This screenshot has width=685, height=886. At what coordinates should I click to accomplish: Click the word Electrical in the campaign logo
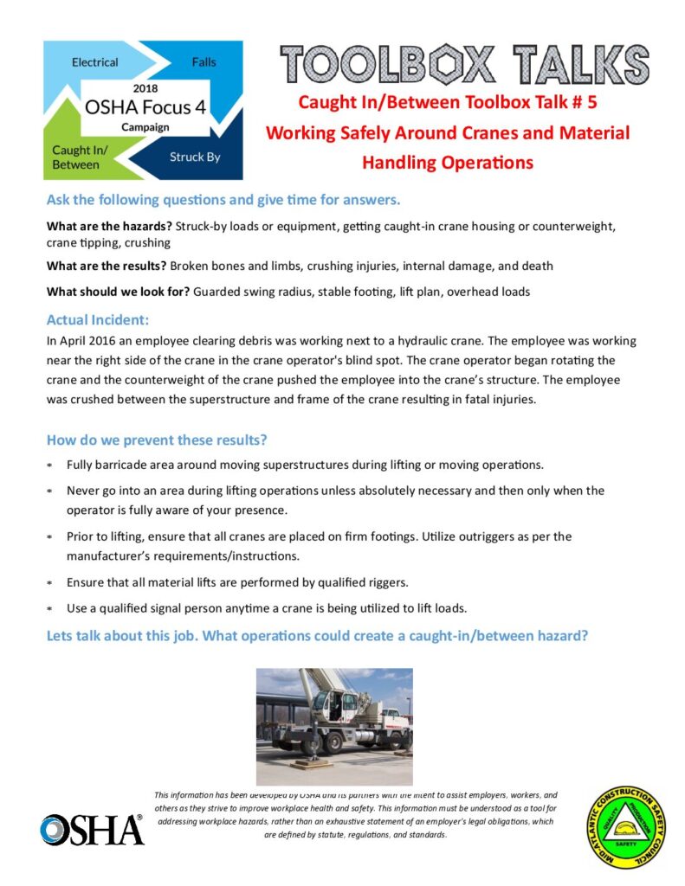pos(94,62)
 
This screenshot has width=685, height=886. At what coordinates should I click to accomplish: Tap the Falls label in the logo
pos(204,62)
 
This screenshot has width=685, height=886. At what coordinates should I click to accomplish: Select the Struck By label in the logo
pos(196,157)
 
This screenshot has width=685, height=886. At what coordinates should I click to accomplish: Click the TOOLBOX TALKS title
pos(464,63)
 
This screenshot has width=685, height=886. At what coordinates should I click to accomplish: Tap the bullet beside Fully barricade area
pos(49,465)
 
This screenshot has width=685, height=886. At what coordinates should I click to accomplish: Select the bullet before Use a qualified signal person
pos(49,607)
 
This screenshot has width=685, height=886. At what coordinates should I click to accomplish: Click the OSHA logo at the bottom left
pos(91,830)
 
